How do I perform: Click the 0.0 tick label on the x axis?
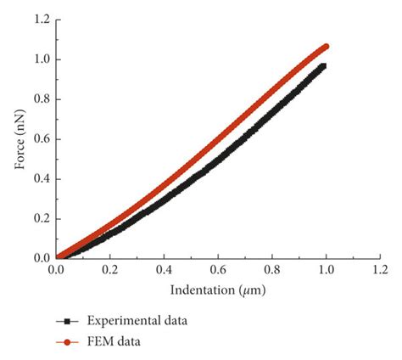pos(56,269)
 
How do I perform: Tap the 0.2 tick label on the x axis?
pos(110,269)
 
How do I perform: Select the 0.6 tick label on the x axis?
pos(218,269)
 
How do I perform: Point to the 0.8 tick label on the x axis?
pos(272,269)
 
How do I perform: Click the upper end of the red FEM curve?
pos(326,46)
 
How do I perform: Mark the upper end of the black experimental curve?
pos(323,65)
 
